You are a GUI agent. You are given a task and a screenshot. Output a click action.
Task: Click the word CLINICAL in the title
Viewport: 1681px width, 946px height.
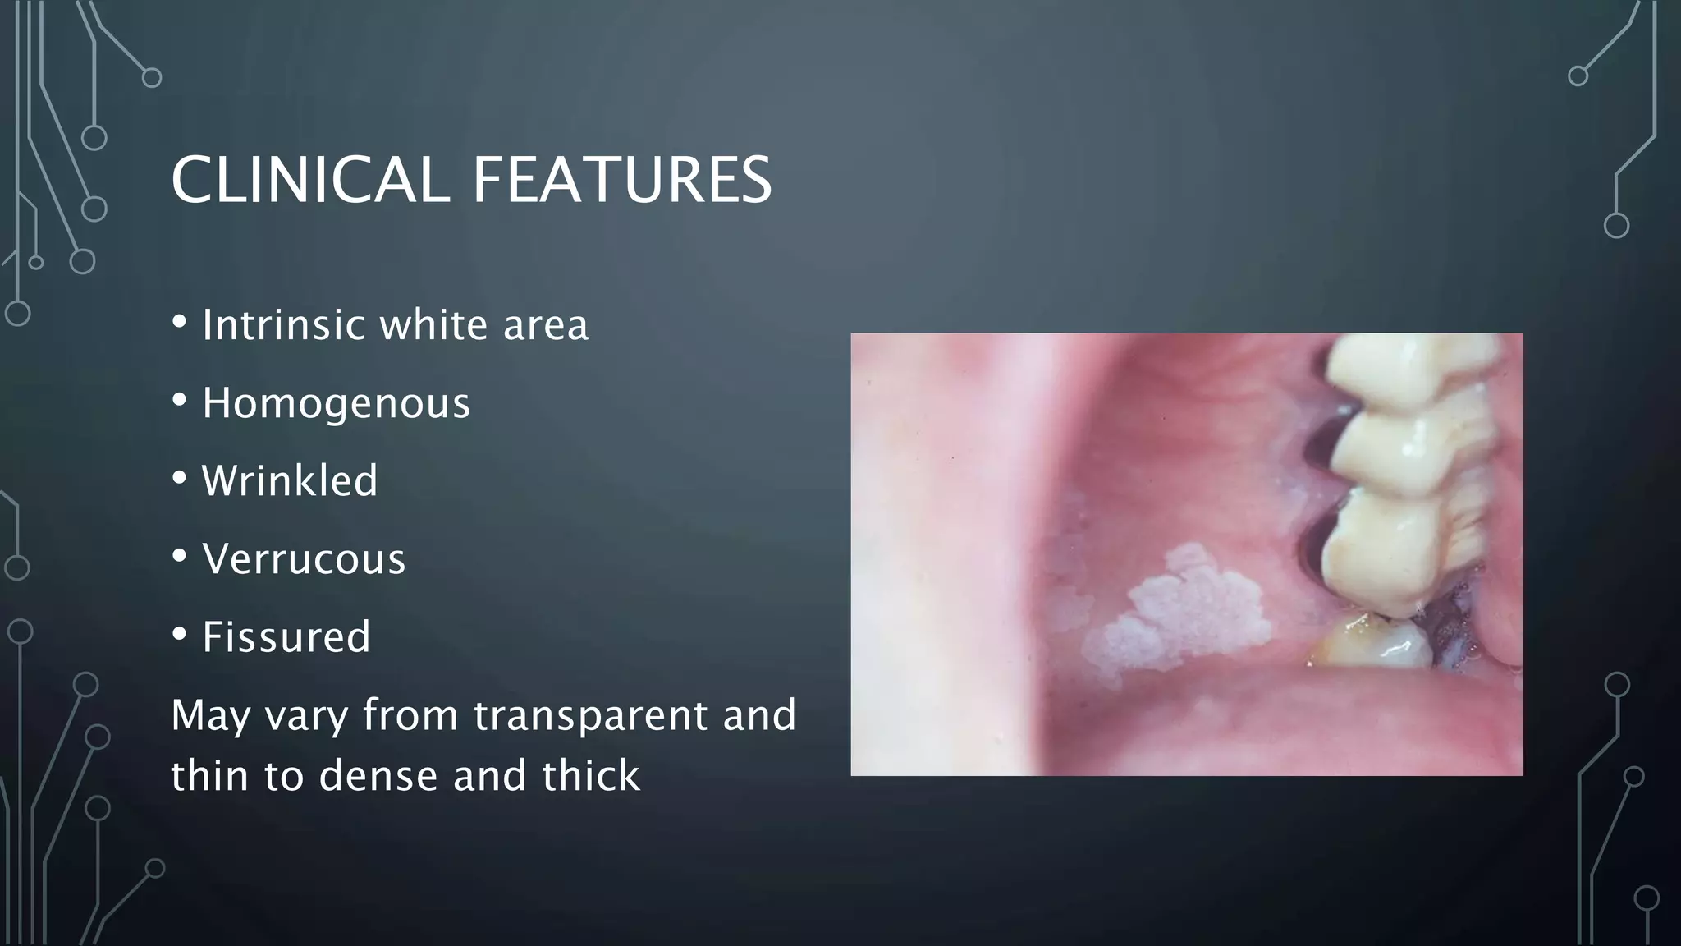310,181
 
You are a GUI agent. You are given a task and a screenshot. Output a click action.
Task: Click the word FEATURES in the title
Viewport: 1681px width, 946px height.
622,181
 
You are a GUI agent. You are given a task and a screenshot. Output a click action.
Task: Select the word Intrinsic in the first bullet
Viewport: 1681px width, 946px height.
283,324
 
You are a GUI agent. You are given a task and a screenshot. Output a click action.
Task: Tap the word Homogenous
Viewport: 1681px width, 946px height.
336,403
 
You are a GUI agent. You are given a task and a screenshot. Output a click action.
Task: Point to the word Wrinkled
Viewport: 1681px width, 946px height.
290,480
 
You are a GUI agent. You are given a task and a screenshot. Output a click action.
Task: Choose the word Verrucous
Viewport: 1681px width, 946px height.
304,559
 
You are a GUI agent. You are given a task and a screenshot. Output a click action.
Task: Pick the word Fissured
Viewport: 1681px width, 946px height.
286,637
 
